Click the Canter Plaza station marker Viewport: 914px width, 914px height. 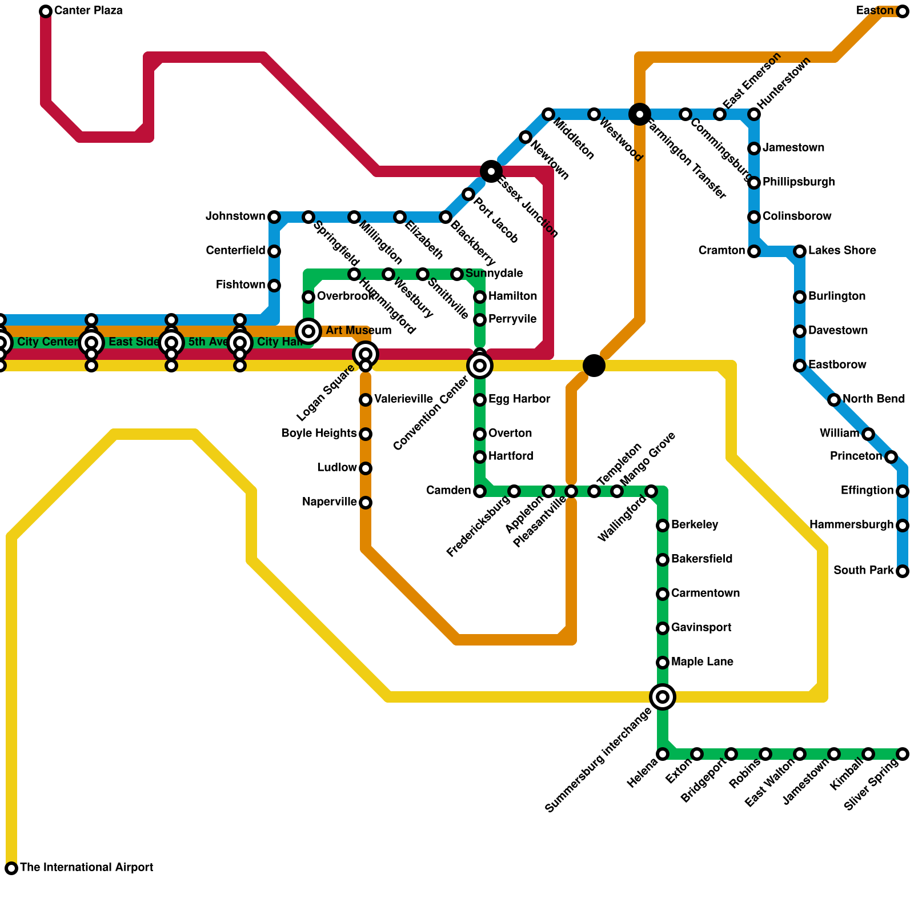click(x=46, y=11)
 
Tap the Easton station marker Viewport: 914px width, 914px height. click(x=903, y=11)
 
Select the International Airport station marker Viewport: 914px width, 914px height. click(x=11, y=868)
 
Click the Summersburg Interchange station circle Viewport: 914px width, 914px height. click(x=663, y=696)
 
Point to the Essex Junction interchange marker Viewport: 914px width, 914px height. click(x=491, y=171)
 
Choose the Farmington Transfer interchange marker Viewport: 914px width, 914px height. click(x=640, y=114)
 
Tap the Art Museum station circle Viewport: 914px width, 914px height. click(x=308, y=331)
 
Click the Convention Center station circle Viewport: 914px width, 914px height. click(x=480, y=365)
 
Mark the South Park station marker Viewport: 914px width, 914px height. click(x=903, y=571)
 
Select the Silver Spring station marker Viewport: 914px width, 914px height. click(x=903, y=754)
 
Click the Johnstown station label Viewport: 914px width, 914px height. click(x=235, y=217)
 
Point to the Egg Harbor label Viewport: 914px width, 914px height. click(x=519, y=399)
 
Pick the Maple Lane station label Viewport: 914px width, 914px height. click(x=702, y=662)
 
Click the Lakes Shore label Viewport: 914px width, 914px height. click(x=842, y=251)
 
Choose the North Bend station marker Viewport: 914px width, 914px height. click(x=834, y=400)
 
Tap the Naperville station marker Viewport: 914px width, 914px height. click(x=366, y=503)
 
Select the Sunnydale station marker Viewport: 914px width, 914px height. click(x=457, y=274)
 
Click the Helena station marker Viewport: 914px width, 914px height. click(x=663, y=754)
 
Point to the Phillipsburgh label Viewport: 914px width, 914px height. click(x=799, y=182)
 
